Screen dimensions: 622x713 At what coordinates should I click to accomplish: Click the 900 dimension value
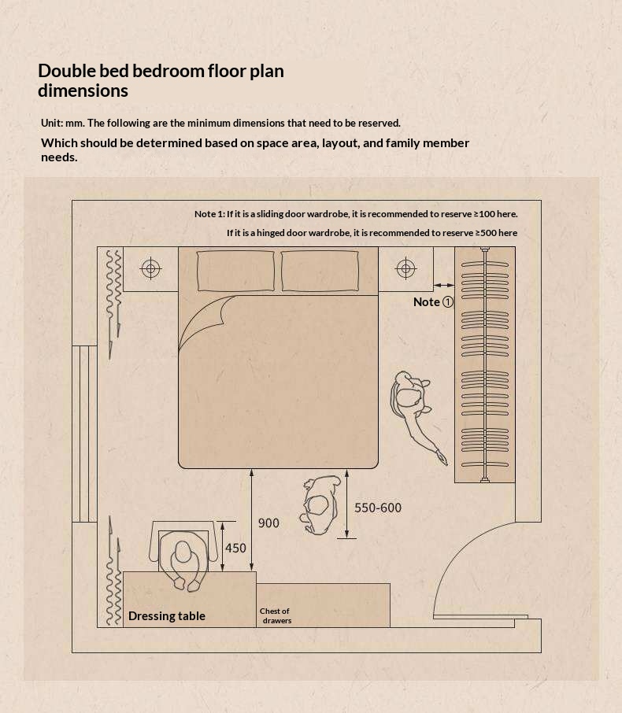[268, 523]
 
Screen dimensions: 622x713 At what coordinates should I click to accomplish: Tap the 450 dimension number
[235, 548]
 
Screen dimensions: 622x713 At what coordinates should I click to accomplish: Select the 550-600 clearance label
[378, 508]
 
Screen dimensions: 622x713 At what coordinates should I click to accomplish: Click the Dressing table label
[167, 615]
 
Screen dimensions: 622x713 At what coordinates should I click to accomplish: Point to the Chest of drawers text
[276, 615]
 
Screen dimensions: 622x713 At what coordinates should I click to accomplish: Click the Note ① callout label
[433, 302]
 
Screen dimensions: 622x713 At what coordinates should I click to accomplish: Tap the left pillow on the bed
[235, 271]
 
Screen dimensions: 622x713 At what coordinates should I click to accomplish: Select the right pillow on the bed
[320, 271]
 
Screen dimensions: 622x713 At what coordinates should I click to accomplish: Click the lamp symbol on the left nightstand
[150, 268]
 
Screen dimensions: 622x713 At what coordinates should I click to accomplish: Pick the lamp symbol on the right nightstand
[405, 268]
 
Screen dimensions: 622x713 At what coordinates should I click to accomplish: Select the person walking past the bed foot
[320, 504]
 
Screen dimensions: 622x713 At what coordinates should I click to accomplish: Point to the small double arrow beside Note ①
[443, 285]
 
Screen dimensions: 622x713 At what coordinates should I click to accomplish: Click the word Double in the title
[67, 71]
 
